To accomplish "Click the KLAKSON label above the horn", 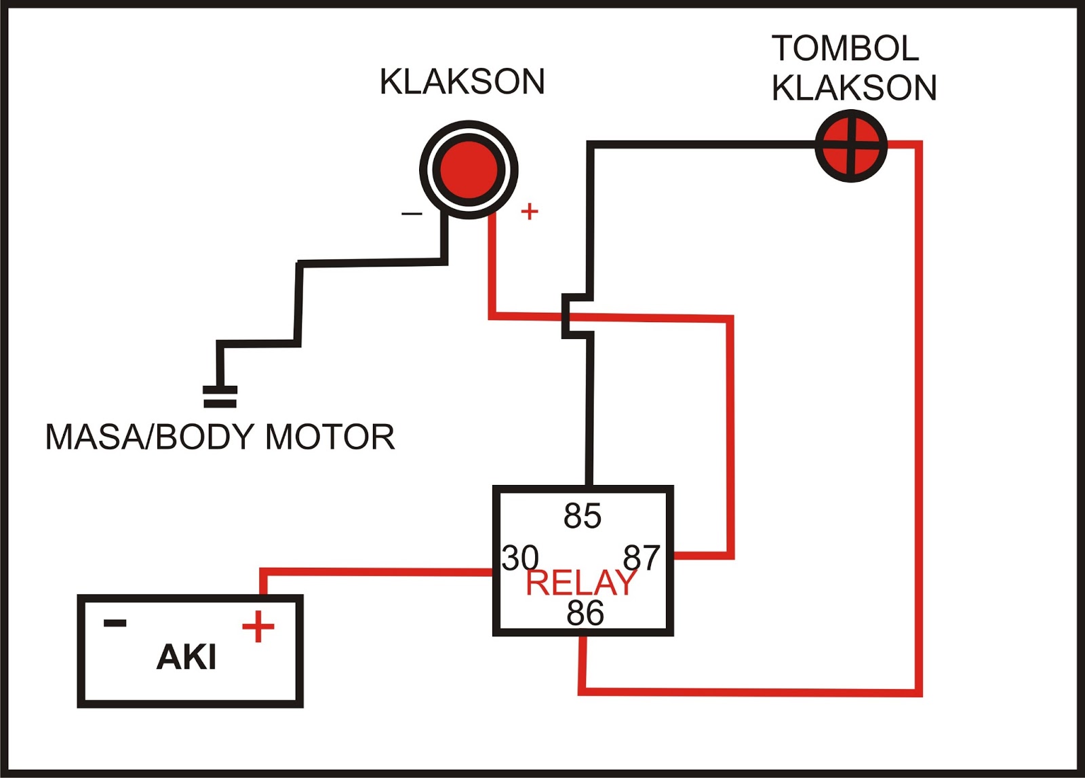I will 462,82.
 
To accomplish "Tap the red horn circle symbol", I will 469,170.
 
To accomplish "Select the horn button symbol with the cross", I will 850,146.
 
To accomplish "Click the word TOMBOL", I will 845,48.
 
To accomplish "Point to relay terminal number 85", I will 582,516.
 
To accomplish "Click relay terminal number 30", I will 519,558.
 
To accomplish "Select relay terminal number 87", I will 642,558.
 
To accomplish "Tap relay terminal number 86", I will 585,613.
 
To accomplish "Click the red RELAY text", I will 580,583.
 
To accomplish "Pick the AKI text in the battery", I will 186,657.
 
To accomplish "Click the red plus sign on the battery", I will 258,626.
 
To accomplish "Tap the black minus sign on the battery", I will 115,623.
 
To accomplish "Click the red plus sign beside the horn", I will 530,212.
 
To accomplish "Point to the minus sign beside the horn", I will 412,214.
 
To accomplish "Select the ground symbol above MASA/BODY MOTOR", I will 220,397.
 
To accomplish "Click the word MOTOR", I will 330,437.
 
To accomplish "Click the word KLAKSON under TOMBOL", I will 854,88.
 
